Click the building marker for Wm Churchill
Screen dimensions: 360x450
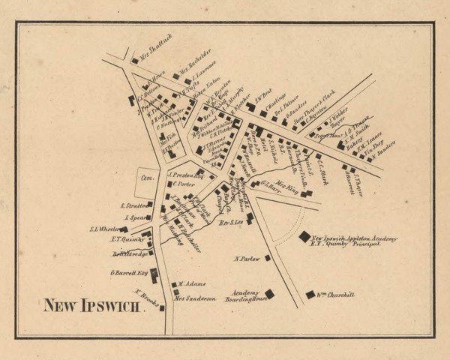(x=310, y=295)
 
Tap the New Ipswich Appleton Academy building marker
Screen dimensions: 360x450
(x=304, y=236)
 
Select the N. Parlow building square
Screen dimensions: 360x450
(x=266, y=259)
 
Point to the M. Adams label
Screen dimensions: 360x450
(x=192, y=285)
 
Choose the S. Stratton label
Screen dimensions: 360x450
(x=132, y=205)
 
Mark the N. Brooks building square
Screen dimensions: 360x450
(x=162, y=307)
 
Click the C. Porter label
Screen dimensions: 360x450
(x=184, y=183)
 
